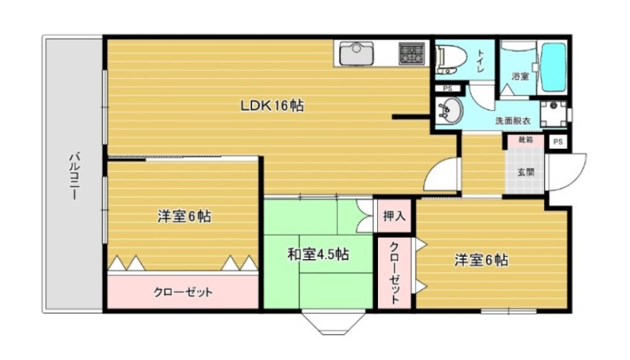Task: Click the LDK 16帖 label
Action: click(272, 104)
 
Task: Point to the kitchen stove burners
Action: click(411, 54)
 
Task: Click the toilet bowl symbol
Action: click(450, 57)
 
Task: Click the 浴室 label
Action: click(519, 76)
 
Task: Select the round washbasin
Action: click(451, 111)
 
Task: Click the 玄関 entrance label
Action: click(525, 171)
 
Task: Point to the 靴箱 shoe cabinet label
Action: click(525, 141)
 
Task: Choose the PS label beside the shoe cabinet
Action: click(558, 142)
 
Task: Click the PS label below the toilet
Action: click(448, 88)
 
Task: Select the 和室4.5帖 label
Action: click(317, 254)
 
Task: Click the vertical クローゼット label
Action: click(394, 272)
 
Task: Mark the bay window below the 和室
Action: click(340, 321)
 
